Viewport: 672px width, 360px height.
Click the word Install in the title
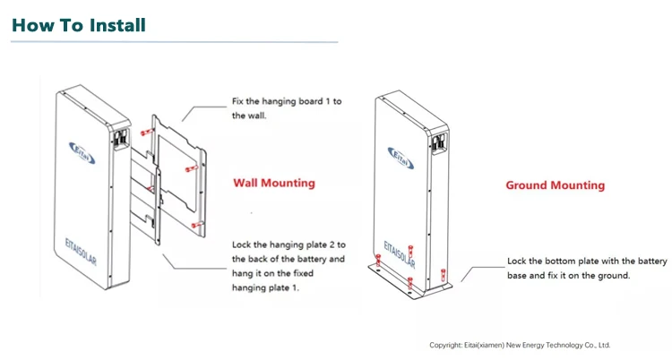116,25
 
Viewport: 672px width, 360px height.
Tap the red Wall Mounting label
274,183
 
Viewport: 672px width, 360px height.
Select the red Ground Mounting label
555,185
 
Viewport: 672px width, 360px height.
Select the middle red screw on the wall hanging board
188,168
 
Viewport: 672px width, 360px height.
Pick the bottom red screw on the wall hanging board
194,224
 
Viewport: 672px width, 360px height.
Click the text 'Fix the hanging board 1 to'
287,102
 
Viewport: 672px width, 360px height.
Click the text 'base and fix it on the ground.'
568,276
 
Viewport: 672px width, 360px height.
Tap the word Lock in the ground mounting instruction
518,261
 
